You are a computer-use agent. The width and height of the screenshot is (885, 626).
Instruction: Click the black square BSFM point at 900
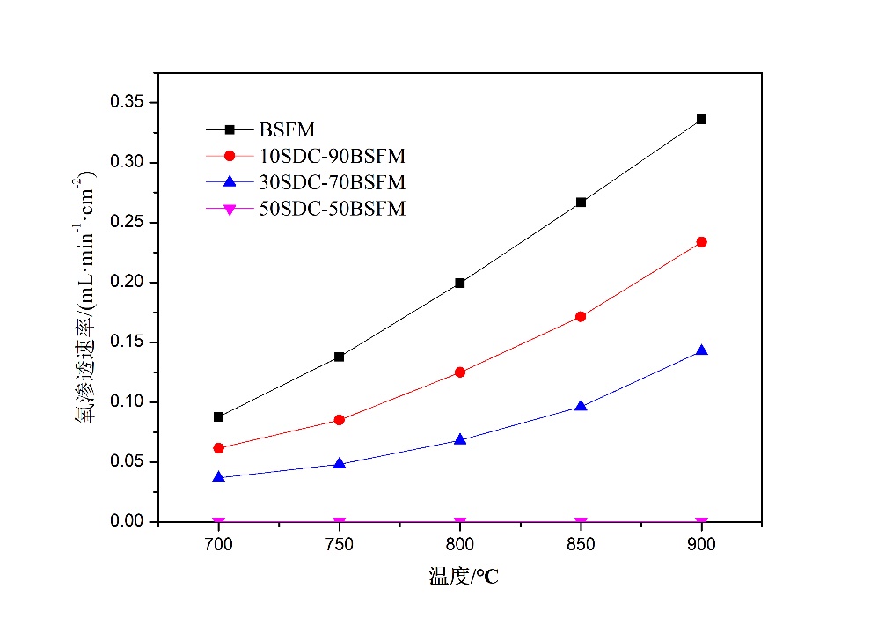pos(701,119)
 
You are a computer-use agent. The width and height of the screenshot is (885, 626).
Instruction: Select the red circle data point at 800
pos(460,372)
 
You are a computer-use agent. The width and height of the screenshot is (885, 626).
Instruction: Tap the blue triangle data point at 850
pos(581,406)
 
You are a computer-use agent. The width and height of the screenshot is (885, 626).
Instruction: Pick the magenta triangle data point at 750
pos(340,523)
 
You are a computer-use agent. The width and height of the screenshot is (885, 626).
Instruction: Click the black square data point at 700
pos(219,416)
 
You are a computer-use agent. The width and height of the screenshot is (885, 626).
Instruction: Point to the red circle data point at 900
pos(701,242)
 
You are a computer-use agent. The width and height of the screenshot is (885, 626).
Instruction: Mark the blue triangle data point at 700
pos(219,477)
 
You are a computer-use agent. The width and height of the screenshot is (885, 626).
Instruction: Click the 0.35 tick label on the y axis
pos(127,103)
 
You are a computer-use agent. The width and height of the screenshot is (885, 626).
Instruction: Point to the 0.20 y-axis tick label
pos(127,283)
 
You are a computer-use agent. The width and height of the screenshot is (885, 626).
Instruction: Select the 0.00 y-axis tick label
pos(127,522)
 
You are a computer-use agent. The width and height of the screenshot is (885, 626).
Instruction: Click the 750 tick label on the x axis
pos(340,545)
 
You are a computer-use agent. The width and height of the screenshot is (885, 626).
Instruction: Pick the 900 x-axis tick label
pos(701,545)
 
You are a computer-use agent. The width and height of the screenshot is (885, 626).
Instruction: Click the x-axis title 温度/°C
pos(457,578)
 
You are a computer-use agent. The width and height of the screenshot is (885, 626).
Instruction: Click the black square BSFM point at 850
pos(581,203)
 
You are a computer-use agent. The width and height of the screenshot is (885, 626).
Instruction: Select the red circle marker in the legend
pos(230,157)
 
